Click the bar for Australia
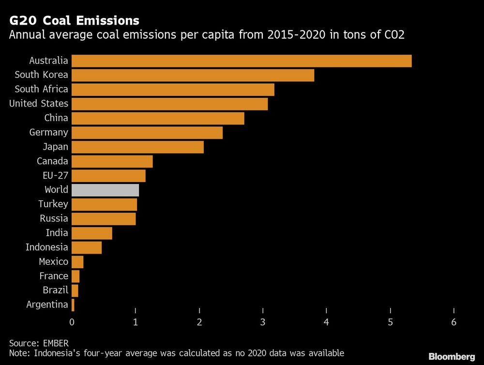[x=242, y=61]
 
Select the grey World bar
[x=105, y=190]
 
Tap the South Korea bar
[x=193, y=76]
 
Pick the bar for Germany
[x=147, y=133]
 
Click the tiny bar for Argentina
[x=73, y=305]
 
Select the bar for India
[x=92, y=233]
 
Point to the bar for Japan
[x=137, y=147]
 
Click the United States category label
[x=39, y=104]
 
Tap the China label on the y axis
[x=56, y=118]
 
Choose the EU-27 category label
[x=52, y=175]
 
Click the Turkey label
[x=53, y=204]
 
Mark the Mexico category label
[x=54, y=262]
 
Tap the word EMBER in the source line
[x=51, y=343]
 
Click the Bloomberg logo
[x=452, y=357]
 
